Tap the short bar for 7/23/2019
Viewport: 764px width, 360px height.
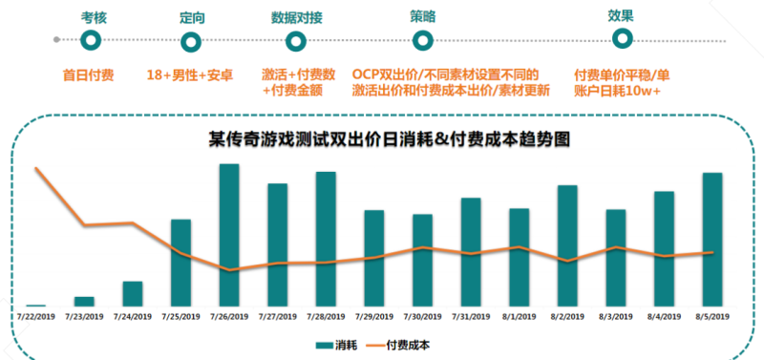[x=84, y=301]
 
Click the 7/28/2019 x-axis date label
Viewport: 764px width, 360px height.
[x=326, y=316]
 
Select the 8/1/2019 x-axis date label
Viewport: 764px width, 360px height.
[x=519, y=316]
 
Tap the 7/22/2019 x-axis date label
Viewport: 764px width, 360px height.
[x=36, y=316]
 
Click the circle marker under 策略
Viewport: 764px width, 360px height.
[x=422, y=40]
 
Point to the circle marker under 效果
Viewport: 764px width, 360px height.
[x=622, y=39]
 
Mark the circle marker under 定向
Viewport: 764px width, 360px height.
[x=191, y=40]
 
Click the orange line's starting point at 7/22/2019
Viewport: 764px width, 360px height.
[x=36, y=169]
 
